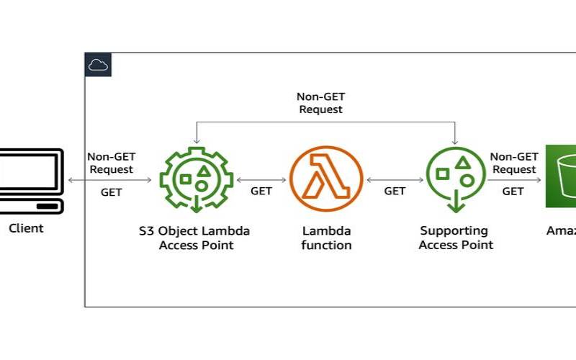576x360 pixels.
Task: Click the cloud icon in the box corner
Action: click(98, 65)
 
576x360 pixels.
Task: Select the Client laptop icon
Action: click(29, 180)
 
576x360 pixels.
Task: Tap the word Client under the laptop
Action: click(26, 228)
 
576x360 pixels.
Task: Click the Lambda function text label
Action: click(326, 238)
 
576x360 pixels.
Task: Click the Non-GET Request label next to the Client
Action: click(111, 163)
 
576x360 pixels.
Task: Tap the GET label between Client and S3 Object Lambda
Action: click(111, 192)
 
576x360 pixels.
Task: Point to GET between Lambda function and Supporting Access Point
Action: click(395, 191)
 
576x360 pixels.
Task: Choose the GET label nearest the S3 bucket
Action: click(513, 191)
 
